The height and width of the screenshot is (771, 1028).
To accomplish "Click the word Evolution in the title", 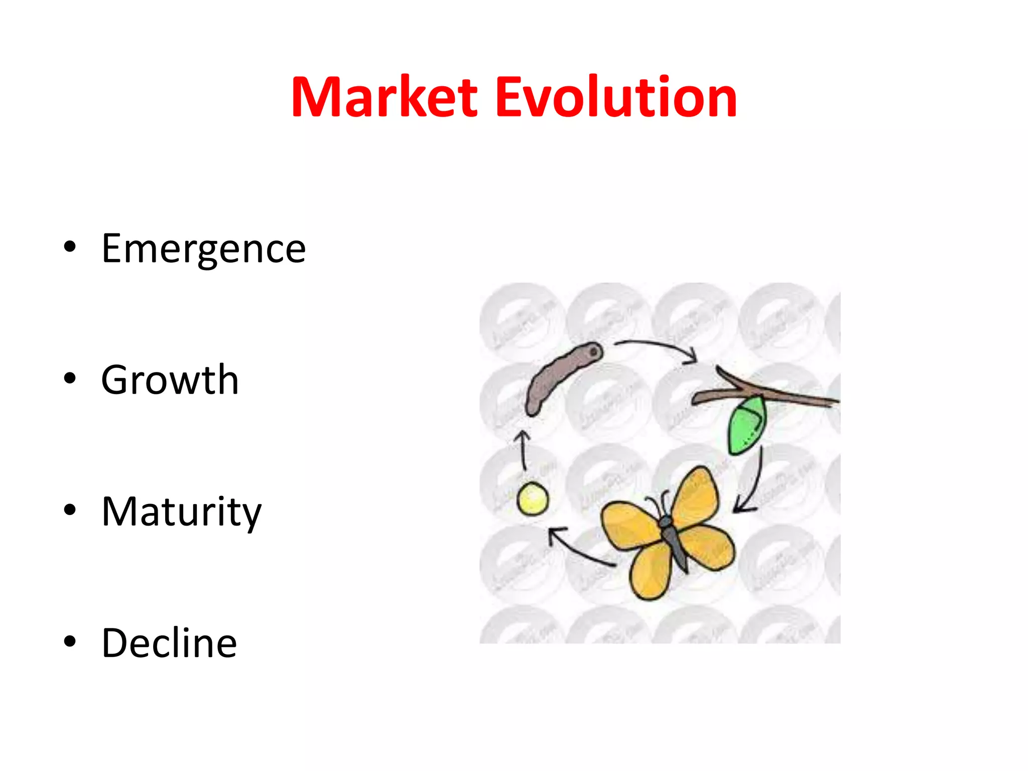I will pos(616,98).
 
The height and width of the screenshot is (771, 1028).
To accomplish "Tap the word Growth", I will pos(170,380).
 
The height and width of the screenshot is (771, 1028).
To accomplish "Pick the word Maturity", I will pos(181,512).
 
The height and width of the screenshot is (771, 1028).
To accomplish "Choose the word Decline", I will pos(169,644).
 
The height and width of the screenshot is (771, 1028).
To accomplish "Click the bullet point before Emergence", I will pos(70,246).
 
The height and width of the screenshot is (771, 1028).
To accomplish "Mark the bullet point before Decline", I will pos(70,641).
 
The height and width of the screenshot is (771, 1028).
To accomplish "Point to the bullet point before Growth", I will pos(70,378).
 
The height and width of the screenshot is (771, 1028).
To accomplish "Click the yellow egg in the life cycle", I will pos(533,498).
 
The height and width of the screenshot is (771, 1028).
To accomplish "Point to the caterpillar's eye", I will pos(594,352).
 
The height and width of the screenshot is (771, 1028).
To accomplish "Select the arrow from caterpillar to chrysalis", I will pos(658,346).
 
